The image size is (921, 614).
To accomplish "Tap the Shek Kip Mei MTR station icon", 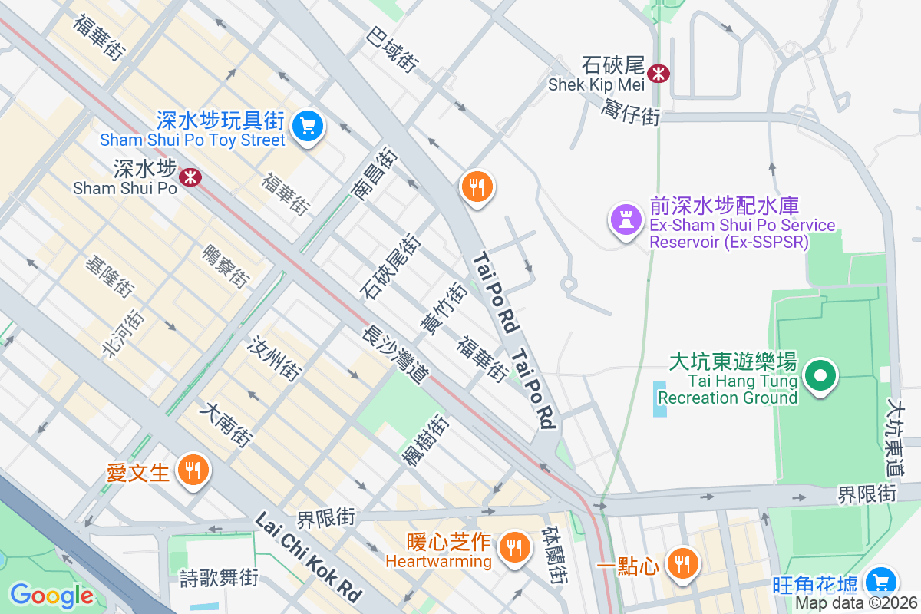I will (658, 74).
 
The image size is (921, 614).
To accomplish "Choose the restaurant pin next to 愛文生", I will (190, 470).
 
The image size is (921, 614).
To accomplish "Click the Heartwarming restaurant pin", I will (511, 548).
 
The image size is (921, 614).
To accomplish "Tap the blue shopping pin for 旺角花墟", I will (880, 582).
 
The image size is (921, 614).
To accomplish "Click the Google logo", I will (51, 596).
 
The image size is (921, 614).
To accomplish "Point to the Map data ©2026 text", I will (856, 603).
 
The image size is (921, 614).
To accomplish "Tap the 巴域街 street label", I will (391, 50).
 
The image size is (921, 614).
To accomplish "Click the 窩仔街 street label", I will (632, 111).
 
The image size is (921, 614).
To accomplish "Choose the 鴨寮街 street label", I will (225, 266).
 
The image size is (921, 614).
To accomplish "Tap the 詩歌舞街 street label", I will (219, 577).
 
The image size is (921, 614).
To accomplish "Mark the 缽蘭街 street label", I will (555, 554).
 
